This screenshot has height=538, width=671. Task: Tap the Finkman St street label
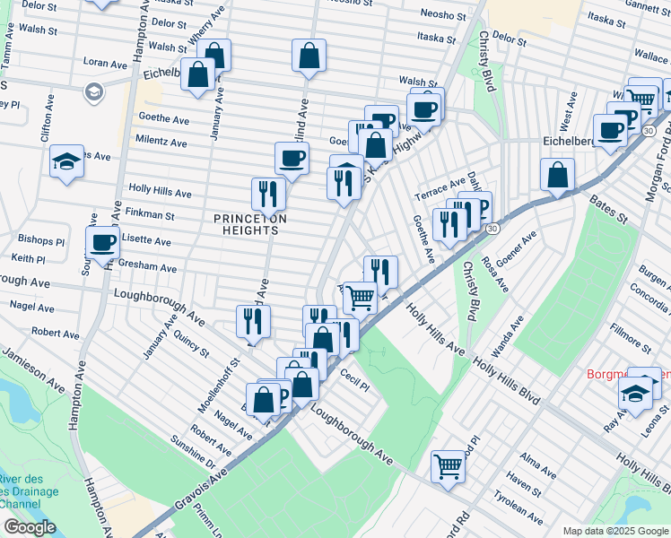(x=151, y=215)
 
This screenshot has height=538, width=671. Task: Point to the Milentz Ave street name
(x=161, y=142)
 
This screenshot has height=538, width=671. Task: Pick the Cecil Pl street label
(x=355, y=383)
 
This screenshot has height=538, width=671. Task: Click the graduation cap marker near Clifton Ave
(x=67, y=161)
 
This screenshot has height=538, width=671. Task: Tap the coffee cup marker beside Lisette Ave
(x=103, y=242)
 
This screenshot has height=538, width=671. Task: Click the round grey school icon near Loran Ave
(x=92, y=91)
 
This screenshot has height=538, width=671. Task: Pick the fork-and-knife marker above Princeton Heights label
(x=268, y=192)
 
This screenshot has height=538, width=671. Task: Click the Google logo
(x=30, y=527)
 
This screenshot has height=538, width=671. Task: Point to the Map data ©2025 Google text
(x=614, y=531)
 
